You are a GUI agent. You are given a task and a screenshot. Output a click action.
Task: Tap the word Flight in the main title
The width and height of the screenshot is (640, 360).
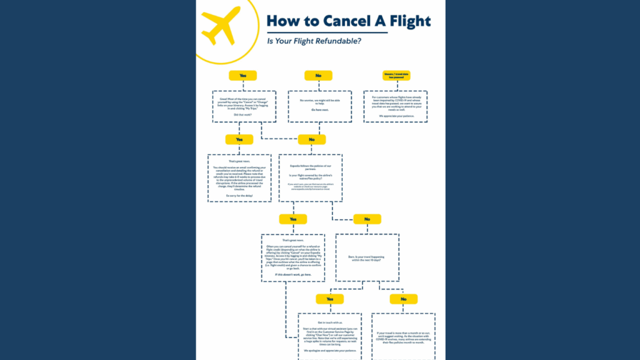[406, 21]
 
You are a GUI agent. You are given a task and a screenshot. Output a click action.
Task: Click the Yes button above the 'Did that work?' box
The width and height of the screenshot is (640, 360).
[242, 76]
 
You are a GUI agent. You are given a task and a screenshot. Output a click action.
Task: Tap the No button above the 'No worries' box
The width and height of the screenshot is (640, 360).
[318, 76]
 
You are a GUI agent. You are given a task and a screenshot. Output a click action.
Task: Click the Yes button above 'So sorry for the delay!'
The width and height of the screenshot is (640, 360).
[239, 139]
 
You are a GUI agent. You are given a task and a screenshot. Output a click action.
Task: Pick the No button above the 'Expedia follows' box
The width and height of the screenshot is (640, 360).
[312, 139]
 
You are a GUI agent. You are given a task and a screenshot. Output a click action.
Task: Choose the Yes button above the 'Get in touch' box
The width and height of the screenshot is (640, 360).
[329, 299]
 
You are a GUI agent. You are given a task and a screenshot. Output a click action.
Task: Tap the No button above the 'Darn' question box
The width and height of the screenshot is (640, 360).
[367, 219]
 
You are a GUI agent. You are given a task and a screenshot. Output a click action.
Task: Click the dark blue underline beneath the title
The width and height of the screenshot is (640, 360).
[348, 32]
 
